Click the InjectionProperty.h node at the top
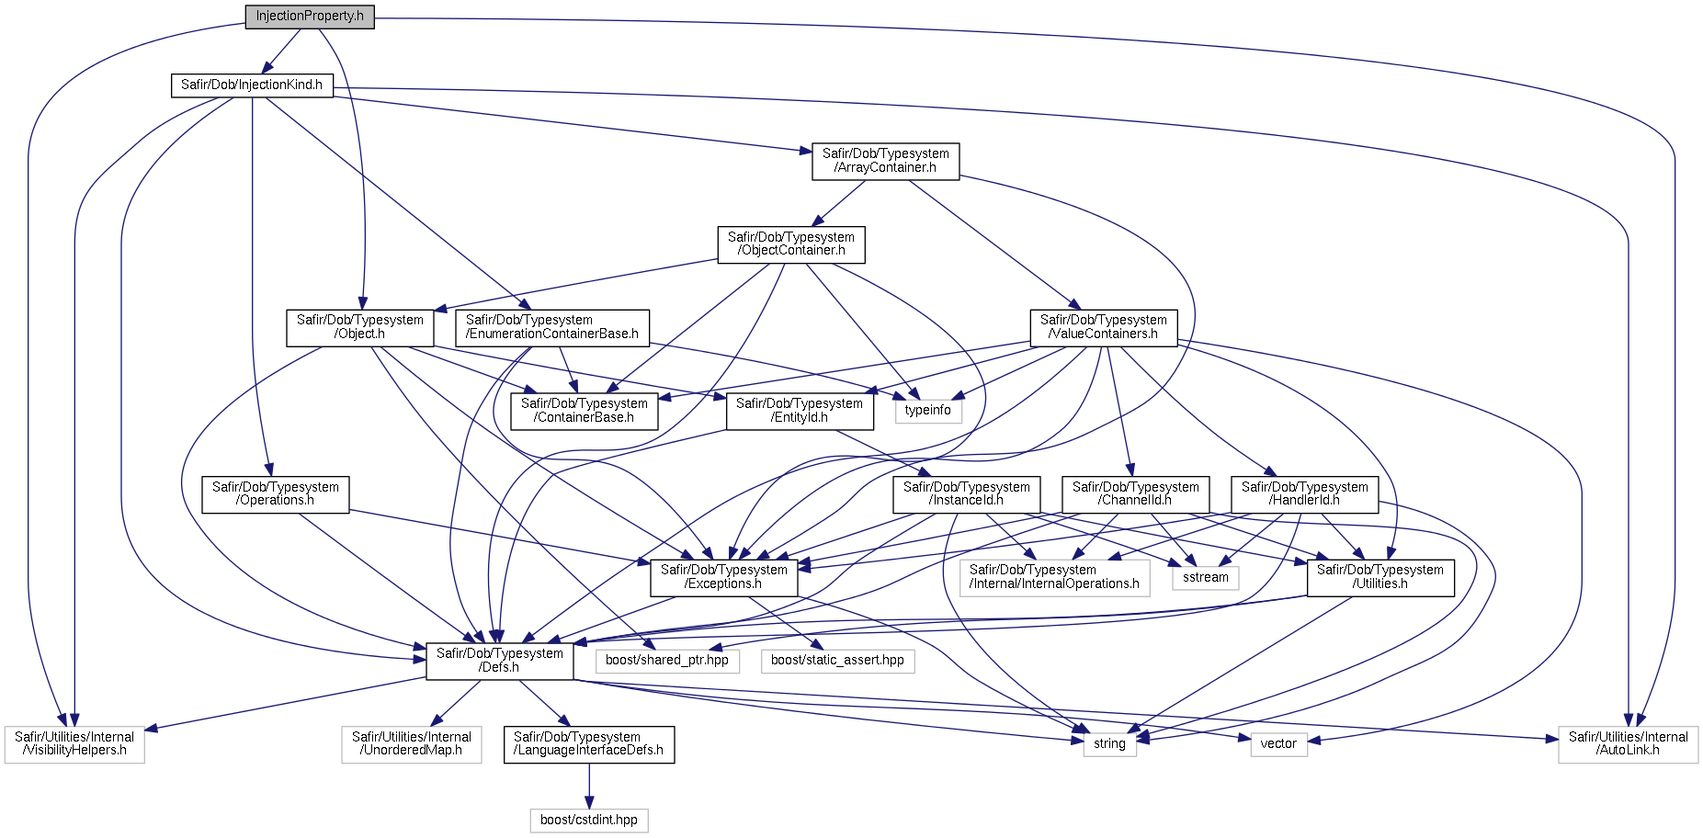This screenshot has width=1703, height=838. [x=310, y=17]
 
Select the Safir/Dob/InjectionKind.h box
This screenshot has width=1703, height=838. [x=251, y=85]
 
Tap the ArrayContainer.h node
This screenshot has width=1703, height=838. [x=886, y=161]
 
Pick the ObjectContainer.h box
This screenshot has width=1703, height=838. [x=791, y=243]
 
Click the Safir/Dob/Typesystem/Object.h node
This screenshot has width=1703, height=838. [x=360, y=327]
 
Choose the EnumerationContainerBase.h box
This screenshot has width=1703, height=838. [x=552, y=327]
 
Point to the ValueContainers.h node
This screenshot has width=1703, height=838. [x=1104, y=327]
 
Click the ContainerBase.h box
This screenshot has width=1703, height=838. [x=585, y=411]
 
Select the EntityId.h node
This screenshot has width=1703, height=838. [x=800, y=411]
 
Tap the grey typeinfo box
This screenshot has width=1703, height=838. [x=928, y=411]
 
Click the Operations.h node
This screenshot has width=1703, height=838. [x=276, y=494]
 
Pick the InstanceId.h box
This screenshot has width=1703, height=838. [x=967, y=494]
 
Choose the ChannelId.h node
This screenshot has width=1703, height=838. [x=1136, y=494]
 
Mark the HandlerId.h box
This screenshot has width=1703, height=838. [x=1305, y=494]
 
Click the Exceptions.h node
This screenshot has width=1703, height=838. [x=724, y=577]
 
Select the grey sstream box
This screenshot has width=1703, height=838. [x=1206, y=578]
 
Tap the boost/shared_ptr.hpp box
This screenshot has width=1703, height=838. [x=667, y=661]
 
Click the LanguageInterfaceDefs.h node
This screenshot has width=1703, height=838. [x=589, y=744]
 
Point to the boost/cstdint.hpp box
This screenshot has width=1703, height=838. [x=589, y=821]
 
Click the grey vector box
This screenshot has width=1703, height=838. [x=1278, y=744]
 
